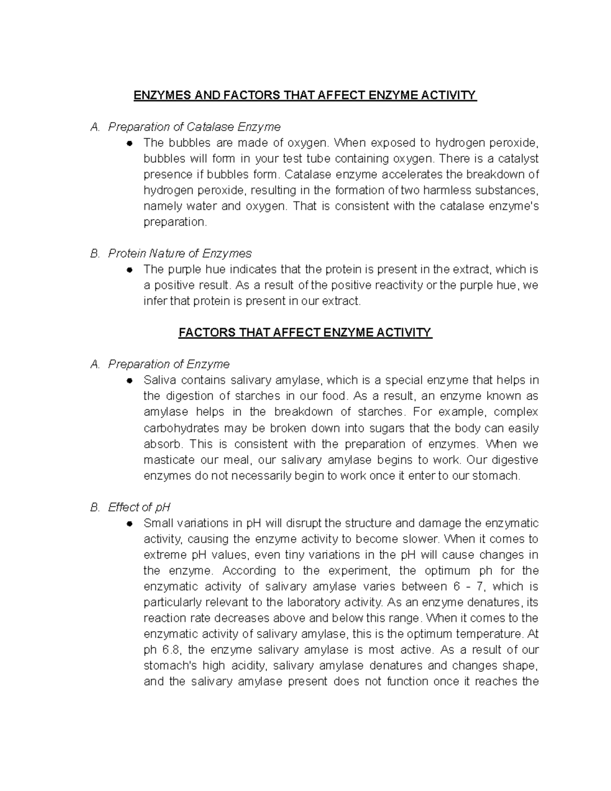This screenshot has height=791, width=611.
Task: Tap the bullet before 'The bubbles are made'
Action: point(130,143)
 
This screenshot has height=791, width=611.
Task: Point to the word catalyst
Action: point(519,158)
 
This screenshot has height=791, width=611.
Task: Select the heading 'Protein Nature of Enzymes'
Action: point(180,253)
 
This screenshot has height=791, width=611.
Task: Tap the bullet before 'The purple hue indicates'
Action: point(130,269)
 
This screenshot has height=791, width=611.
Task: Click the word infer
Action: point(155,301)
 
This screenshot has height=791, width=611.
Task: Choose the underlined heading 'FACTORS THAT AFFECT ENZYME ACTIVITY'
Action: point(305,333)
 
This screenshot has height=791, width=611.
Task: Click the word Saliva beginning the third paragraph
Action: point(159,380)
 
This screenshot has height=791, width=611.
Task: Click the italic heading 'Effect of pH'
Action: point(139,507)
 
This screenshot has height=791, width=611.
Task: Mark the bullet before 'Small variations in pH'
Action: point(130,524)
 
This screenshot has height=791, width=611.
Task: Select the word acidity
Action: point(249,666)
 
